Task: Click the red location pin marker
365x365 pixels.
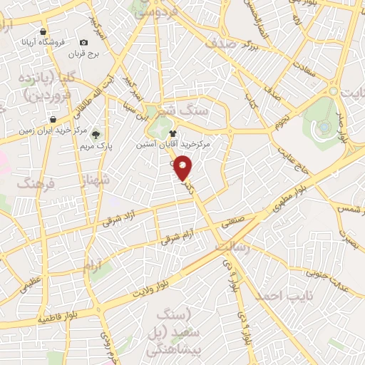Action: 184,168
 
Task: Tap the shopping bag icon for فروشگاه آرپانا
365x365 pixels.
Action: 43,32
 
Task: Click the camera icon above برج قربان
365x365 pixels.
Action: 84,43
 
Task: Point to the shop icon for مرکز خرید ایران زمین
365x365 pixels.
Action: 52,119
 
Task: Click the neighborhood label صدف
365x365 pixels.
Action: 220,42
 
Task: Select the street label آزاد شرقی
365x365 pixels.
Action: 121,219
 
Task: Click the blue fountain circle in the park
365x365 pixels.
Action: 324,125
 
